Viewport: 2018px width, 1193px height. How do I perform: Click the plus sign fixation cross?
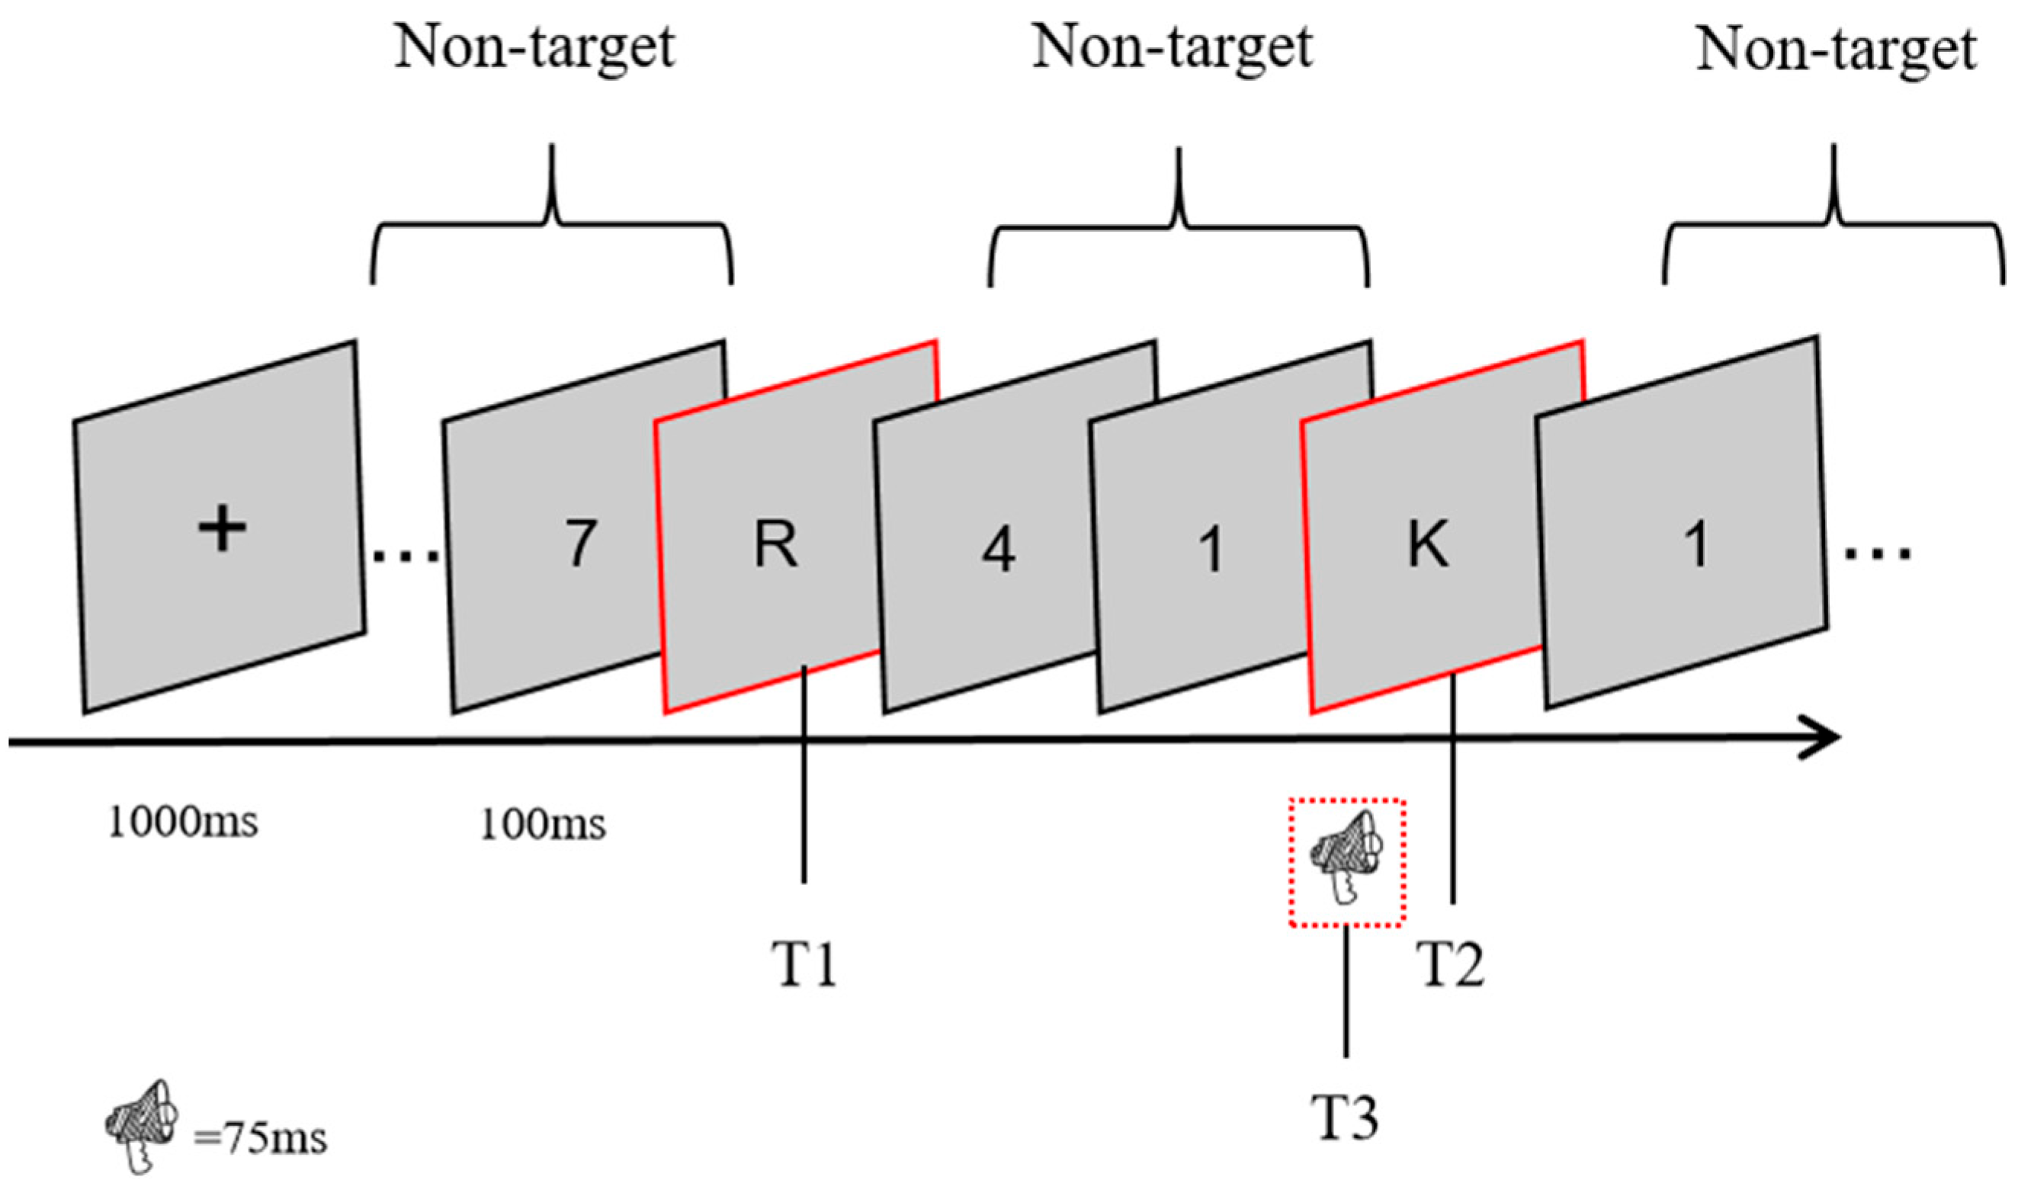(222, 531)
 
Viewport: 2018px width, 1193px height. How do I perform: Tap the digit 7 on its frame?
(580, 544)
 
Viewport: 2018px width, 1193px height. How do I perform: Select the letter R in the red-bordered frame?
(776, 544)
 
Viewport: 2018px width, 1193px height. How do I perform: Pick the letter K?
(1429, 544)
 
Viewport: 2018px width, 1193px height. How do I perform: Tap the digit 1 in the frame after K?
(1696, 544)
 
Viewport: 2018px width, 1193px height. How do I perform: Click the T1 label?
(804, 964)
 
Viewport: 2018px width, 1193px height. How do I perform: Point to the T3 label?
(1345, 1118)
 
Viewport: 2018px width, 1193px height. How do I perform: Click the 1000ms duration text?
(183, 823)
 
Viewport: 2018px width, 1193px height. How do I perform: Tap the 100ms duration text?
(543, 825)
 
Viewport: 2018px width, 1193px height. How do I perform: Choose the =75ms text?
(260, 1139)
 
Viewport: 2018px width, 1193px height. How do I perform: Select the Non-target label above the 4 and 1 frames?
(1173, 48)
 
